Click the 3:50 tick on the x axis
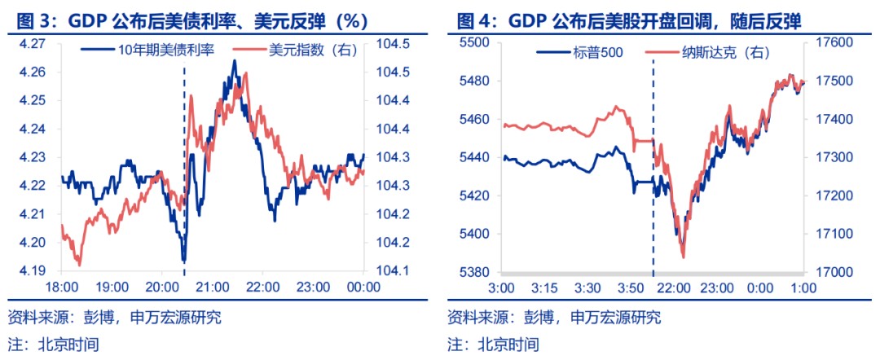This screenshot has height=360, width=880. click(x=632, y=288)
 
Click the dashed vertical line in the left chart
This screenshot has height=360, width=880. click(x=184, y=163)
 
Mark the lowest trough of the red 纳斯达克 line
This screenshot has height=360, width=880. click(x=682, y=257)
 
